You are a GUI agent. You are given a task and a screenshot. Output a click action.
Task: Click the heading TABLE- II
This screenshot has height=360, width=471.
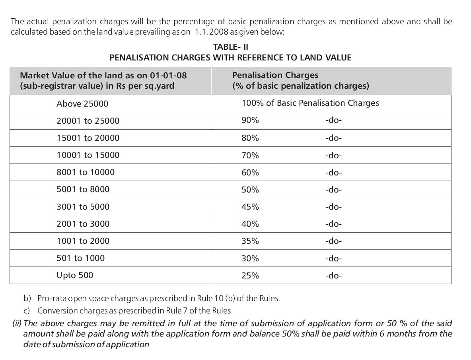point(231,47)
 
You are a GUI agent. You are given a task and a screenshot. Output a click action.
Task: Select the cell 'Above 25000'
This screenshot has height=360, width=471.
point(82,104)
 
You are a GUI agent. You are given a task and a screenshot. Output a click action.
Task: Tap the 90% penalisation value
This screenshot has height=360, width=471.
point(250,120)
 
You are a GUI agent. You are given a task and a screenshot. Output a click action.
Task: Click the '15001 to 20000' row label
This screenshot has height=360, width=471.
point(88,138)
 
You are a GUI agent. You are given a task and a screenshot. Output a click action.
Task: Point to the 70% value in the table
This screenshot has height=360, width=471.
point(250,155)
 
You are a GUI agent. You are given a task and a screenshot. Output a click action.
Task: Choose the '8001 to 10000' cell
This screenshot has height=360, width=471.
point(86,172)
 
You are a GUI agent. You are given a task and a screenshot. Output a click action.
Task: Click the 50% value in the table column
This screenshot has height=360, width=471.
point(250,190)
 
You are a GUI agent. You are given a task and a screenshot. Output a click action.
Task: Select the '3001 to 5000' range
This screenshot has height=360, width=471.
point(83,207)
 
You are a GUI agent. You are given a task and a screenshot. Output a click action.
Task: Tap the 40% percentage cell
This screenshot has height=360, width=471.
point(250,224)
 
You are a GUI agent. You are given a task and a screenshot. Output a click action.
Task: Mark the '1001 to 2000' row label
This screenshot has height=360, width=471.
point(83,241)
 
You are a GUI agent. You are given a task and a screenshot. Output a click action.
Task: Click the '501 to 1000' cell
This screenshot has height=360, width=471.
point(80,258)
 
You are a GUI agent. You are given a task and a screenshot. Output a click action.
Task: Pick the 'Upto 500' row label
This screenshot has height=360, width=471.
point(75,275)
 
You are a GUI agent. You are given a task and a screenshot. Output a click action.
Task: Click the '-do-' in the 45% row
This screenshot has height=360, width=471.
point(333,207)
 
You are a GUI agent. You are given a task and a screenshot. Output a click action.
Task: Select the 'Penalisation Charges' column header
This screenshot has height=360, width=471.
point(275,75)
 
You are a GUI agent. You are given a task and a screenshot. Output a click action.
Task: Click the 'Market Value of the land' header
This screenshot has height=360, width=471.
point(103,76)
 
